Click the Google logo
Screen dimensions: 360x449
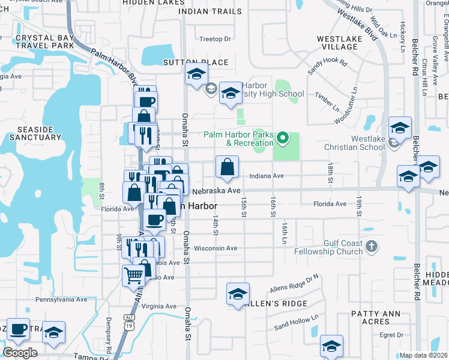[20, 353]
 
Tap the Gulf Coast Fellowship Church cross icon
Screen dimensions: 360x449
[372, 246]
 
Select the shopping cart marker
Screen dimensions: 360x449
[134, 276]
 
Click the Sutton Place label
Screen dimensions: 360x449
[196, 62]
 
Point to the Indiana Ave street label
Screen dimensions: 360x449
[266, 176]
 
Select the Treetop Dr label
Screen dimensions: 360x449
[215, 39]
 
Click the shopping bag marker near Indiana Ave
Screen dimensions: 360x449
[228, 168]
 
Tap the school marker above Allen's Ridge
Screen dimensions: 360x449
[238, 294]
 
